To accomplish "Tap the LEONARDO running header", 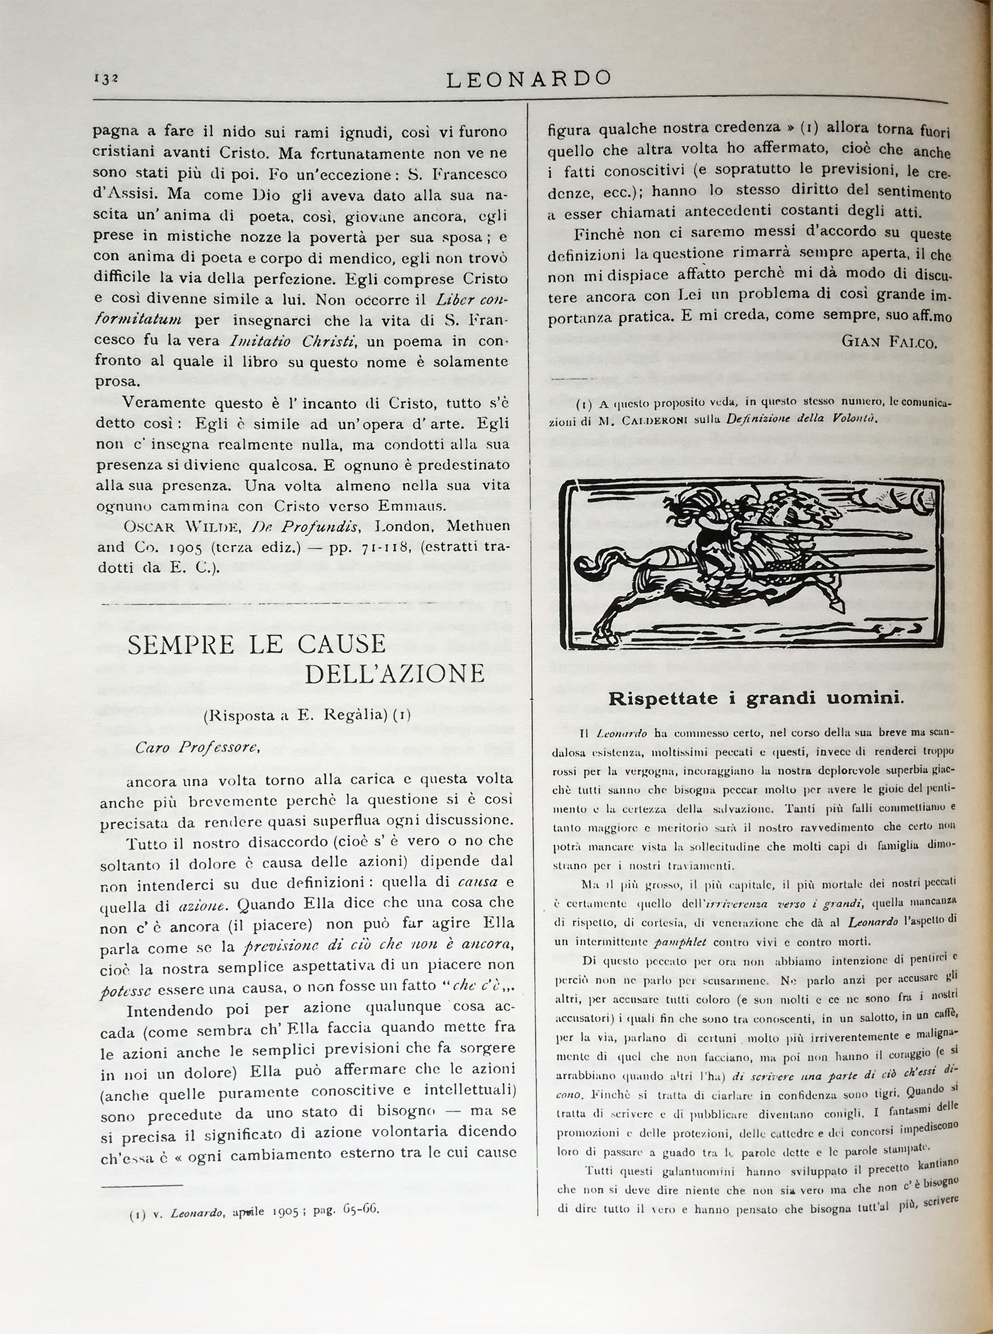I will [x=528, y=79].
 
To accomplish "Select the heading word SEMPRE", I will [x=181, y=644].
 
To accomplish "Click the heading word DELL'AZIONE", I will [x=395, y=674].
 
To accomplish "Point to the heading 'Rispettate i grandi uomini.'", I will [x=756, y=698].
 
